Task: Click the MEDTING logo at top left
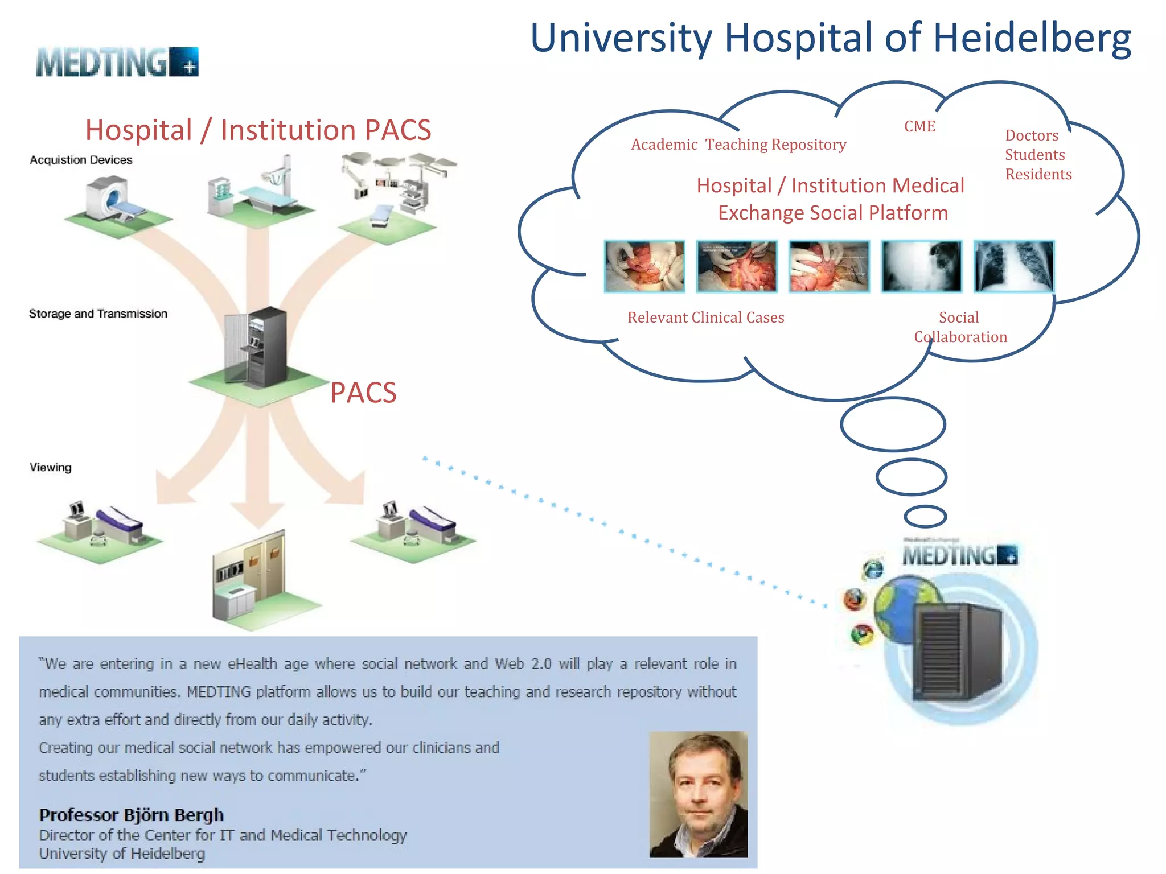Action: click(x=117, y=62)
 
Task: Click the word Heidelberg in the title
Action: click(x=1032, y=39)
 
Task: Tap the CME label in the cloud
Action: click(x=919, y=126)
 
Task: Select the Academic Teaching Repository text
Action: click(x=738, y=145)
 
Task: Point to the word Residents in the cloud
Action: click(x=1038, y=174)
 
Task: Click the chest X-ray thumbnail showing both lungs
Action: click(x=1013, y=266)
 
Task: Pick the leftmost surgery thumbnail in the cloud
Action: click(x=644, y=266)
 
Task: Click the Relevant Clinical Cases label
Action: click(x=705, y=318)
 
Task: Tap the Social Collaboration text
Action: click(x=960, y=327)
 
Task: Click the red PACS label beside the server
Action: click(x=363, y=393)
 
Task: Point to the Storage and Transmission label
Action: click(x=98, y=314)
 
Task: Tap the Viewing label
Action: click(x=51, y=468)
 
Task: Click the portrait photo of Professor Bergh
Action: click(x=698, y=794)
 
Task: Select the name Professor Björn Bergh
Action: click(x=131, y=815)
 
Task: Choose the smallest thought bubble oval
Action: click(x=925, y=517)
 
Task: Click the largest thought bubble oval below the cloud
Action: click(x=893, y=424)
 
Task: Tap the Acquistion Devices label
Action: click(x=81, y=160)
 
